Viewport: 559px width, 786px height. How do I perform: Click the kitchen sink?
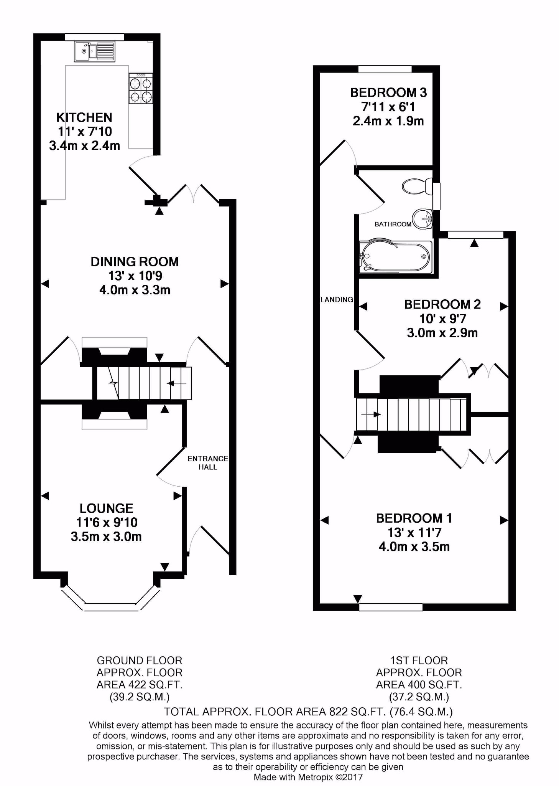(94, 51)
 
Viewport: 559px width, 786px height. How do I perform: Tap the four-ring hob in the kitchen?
(141, 88)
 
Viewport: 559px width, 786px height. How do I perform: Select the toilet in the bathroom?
(417, 187)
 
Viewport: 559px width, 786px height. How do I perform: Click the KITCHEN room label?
(84, 117)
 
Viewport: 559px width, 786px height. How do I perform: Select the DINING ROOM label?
(135, 262)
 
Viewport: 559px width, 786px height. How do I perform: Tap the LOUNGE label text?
(106, 508)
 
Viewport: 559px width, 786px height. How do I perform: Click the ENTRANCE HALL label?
(208, 462)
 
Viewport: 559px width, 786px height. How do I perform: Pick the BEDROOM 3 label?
(388, 92)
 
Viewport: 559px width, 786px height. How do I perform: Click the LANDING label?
(337, 300)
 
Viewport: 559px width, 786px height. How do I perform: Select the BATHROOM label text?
(393, 224)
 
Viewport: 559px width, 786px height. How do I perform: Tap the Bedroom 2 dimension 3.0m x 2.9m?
(442, 333)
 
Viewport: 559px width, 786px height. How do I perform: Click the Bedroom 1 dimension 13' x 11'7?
(414, 532)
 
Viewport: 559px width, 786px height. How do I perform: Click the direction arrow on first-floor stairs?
(371, 414)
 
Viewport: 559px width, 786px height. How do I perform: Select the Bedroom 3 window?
(385, 69)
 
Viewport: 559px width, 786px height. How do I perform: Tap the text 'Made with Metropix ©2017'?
(308, 777)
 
